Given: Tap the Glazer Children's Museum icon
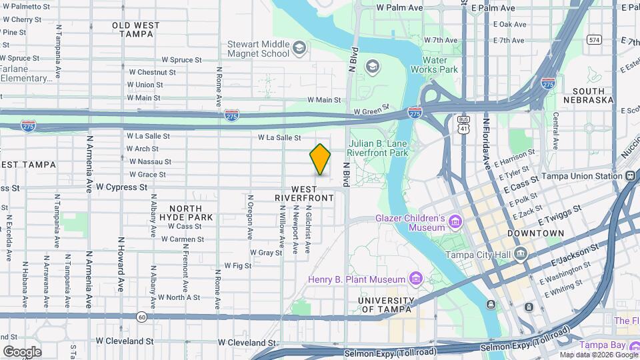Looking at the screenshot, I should (455, 221).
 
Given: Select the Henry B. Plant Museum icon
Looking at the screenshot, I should (416, 279).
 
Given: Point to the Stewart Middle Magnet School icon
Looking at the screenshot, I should (299, 47).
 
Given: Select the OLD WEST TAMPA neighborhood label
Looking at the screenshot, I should (136, 29).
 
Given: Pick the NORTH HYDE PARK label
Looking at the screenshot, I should (191, 213).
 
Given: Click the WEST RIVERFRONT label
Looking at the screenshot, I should (303, 194).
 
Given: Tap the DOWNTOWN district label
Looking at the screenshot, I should (535, 233).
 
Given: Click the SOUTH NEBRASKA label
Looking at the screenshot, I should (588, 95).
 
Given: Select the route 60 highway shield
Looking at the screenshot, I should (141, 316).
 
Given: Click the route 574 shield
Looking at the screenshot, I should (593, 40).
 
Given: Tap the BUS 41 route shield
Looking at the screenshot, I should (463, 123).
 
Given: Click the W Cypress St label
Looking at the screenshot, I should (121, 187).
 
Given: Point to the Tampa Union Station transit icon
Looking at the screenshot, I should (630, 176).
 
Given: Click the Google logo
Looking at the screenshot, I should (22, 351).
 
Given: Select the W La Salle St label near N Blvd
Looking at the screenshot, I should (280, 137).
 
